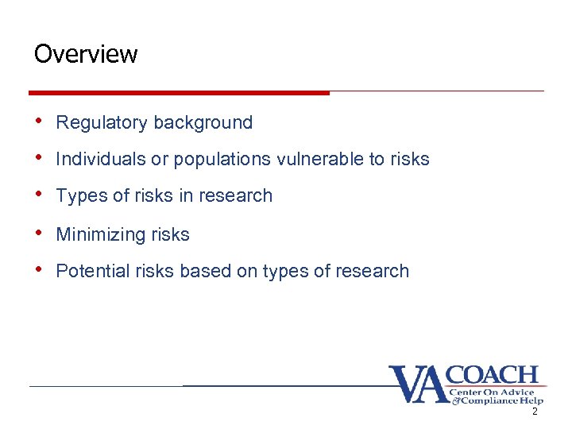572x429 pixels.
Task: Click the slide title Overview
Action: pyautogui.click(x=86, y=54)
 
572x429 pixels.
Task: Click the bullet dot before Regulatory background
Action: pyautogui.click(x=39, y=122)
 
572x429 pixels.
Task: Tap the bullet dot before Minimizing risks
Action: pyautogui.click(x=39, y=234)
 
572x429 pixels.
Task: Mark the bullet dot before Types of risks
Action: pyautogui.click(x=39, y=195)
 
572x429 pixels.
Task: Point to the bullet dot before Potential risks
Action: pyautogui.click(x=39, y=270)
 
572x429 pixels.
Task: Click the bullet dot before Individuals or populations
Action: pyautogui.click(x=39, y=158)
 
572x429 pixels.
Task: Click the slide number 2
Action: pyautogui.click(x=535, y=412)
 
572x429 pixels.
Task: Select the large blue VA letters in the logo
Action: pyautogui.click(x=419, y=385)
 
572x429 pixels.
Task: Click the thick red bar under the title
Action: pyautogui.click(x=179, y=93)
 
